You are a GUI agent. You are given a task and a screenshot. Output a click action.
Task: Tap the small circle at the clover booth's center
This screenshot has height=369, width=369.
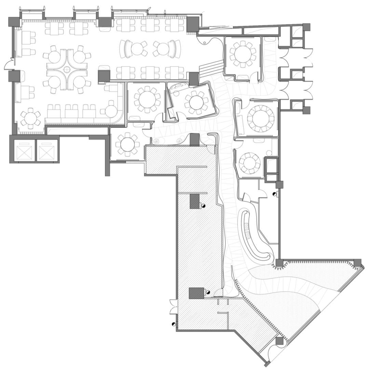click(67, 69)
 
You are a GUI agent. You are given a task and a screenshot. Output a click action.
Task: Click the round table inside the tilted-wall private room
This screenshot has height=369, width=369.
click(196, 102)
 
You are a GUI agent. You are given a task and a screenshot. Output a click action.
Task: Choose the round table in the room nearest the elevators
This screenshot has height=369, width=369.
click(127, 144)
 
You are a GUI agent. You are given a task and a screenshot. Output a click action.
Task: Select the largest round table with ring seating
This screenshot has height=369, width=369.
click(261, 118)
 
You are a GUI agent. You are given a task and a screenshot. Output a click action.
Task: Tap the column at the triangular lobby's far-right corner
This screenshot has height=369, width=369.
click(357, 263)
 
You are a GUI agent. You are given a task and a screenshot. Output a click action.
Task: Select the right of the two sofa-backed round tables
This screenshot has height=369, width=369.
click(163, 48)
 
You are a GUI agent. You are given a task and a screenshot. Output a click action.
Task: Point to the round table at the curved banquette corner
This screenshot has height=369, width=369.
click(111, 111)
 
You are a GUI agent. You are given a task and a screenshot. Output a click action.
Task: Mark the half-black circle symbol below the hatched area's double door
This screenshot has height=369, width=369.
click(174, 324)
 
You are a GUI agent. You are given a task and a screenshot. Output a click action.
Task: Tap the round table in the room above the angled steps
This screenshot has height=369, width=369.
click(243, 53)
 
